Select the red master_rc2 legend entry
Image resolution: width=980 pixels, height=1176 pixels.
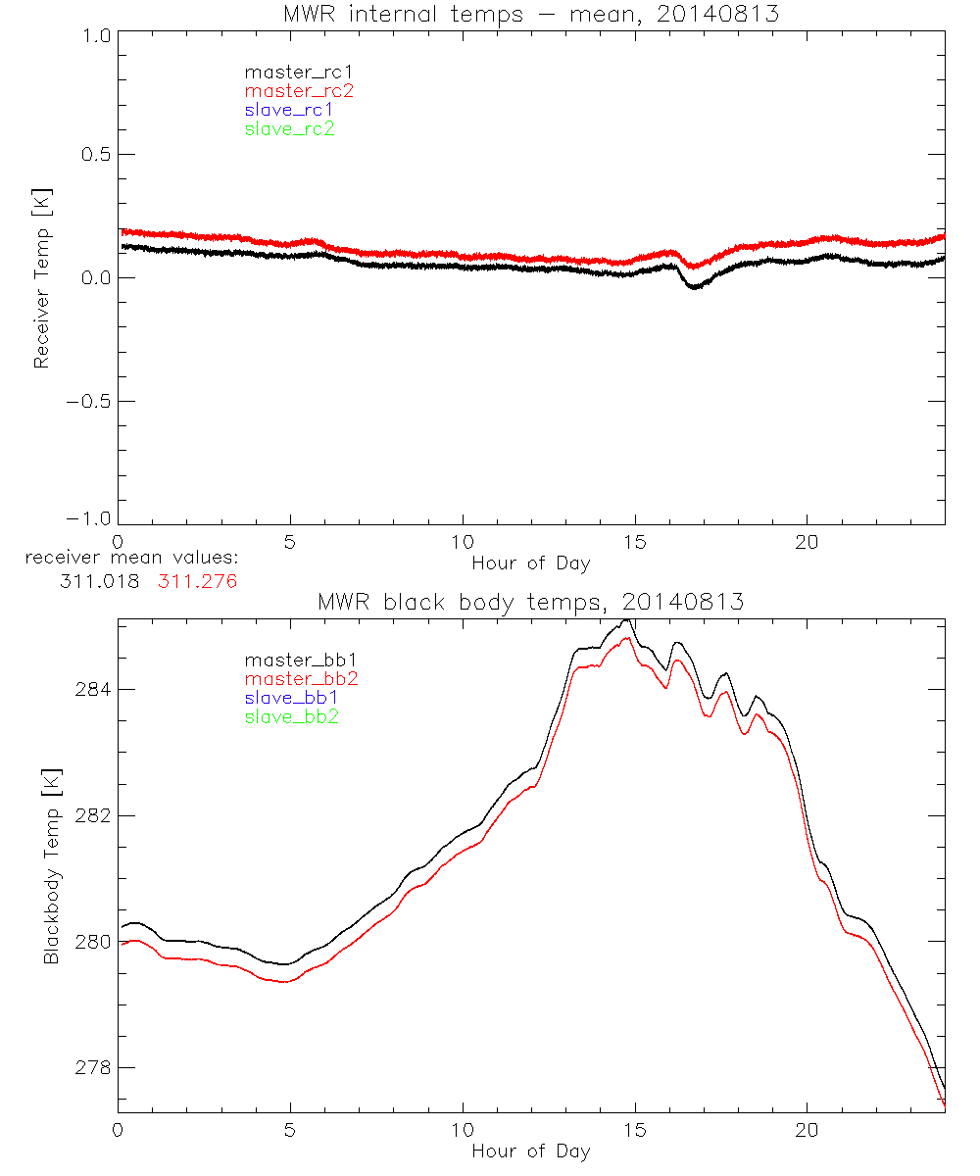coord(299,91)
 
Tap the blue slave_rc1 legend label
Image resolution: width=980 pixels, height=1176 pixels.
coord(289,110)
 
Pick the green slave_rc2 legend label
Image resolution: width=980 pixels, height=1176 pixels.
coord(289,128)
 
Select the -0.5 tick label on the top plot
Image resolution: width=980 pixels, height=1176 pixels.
coord(89,402)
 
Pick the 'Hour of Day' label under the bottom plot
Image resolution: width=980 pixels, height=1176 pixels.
coord(531,1151)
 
